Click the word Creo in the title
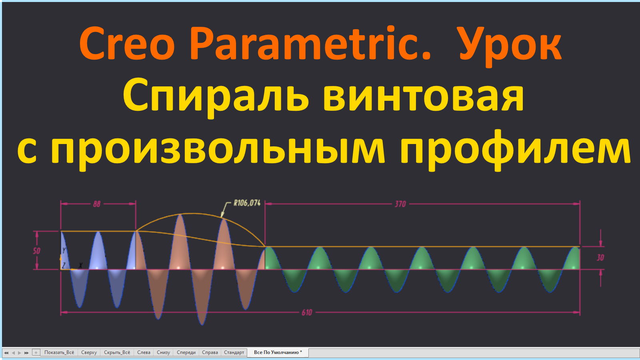click(127, 44)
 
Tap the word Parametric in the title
click(310, 44)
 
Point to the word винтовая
click(423, 96)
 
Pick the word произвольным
click(218, 149)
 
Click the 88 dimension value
click(97, 204)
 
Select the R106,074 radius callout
click(247, 203)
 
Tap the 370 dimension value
click(400, 204)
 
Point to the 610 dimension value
click(307, 312)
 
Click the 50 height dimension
click(36, 251)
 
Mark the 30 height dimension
click(600, 258)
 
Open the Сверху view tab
click(89, 352)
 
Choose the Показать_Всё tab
click(59, 352)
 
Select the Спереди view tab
click(186, 352)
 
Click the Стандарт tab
click(234, 352)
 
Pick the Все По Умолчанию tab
click(278, 352)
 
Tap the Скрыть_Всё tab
click(117, 352)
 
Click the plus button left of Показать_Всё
click(36, 352)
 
